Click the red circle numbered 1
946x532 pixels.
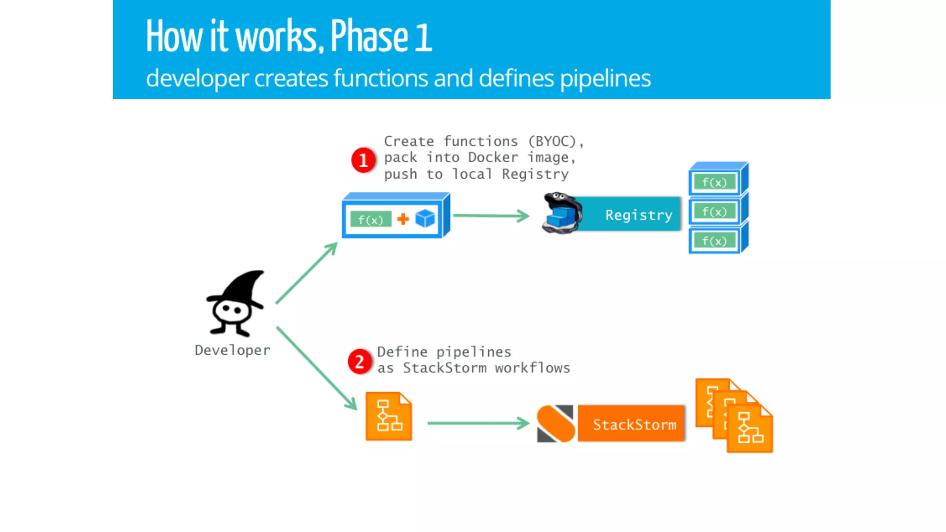[x=363, y=160]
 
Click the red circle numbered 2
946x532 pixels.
[x=359, y=362]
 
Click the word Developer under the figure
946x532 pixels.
[x=232, y=351]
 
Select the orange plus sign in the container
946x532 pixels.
[x=403, y=219]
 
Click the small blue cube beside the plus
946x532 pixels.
[x=425, y=218]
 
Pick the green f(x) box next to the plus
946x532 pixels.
[x=370, y=219]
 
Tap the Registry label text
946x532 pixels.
[x=639, y=215]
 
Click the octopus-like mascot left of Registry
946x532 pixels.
[x=562, y=213]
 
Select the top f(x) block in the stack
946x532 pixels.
[x=715, y=182]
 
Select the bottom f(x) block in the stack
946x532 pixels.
[x=715, y=241]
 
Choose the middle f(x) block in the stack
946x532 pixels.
[x=715, y=212]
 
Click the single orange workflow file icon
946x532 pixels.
[x=388, y=417]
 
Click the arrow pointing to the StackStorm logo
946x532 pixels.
[x=478, y=423]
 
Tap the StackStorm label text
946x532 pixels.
[x=634, y=424]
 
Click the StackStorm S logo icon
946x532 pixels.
[x=556, y=423]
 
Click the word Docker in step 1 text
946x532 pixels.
[x=493, y=157]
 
